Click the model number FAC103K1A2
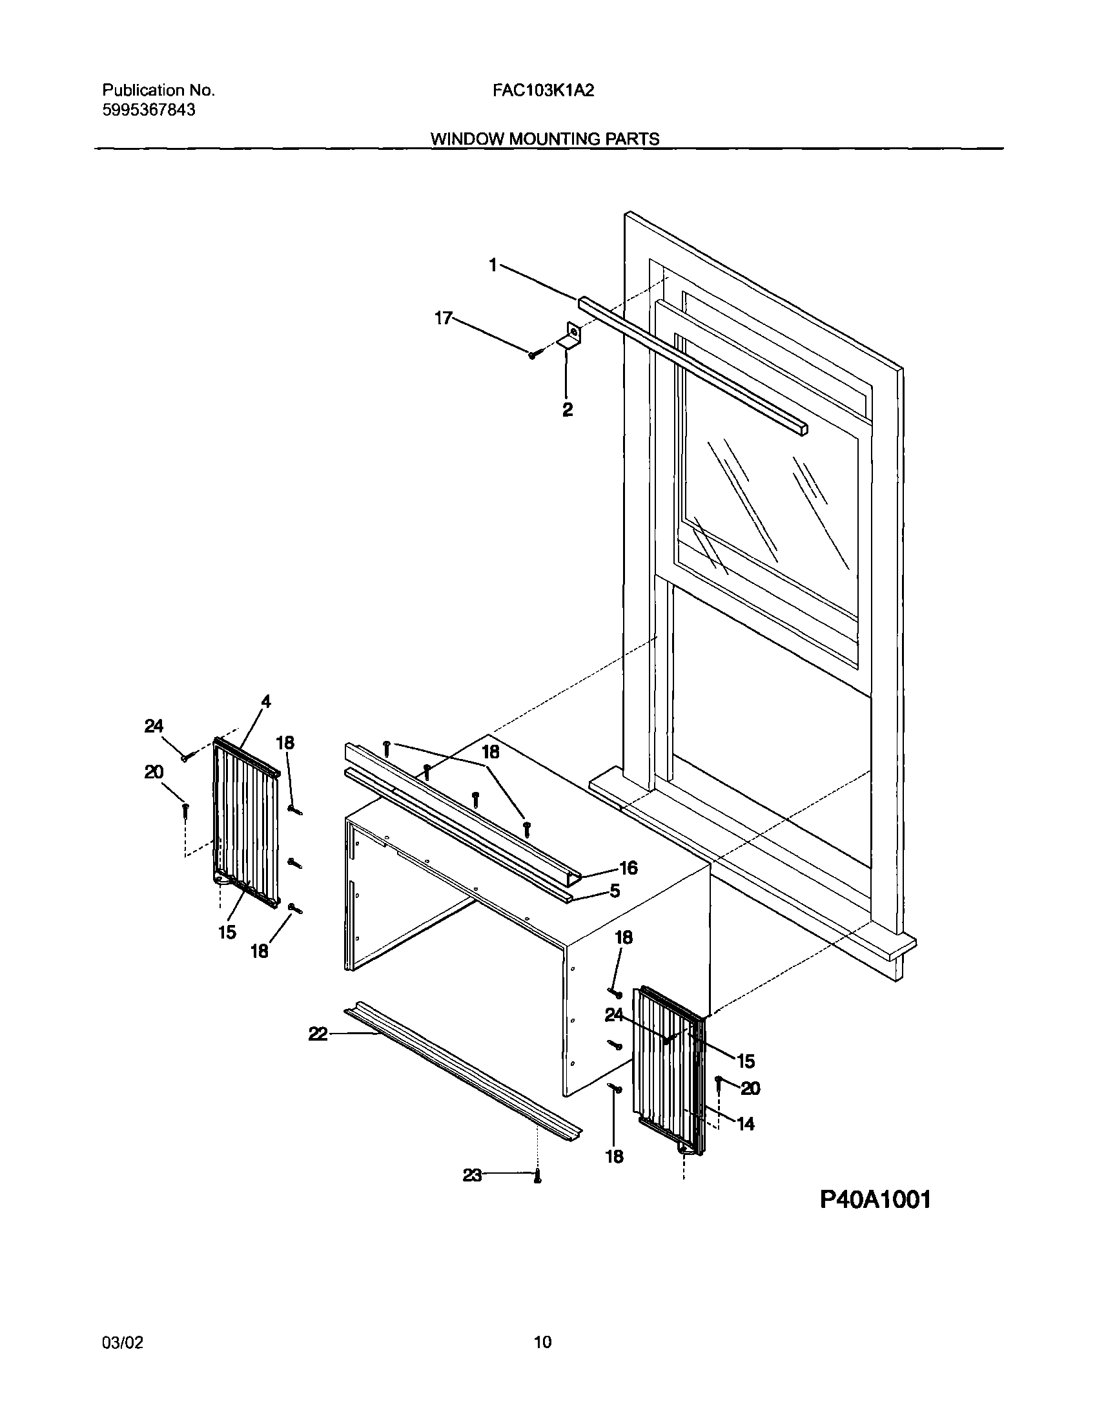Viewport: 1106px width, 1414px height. pyautogui.click(x=542, y=90)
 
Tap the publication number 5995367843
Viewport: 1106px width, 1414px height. pyautogui.click(x=149, y=110)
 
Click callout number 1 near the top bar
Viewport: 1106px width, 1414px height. pyautogui.click(x=493, y=265)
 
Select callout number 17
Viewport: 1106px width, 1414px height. pyautogui.click(x=443, y=318)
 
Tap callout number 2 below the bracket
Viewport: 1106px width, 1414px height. pyautogui.click(x=568, y=410)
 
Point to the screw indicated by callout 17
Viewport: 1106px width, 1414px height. pyautogui.click(x=533, y=355)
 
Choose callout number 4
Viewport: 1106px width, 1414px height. pyautogui.click(x=265, y=702)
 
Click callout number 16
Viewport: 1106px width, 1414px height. pyautogui.click(x=628, y=868)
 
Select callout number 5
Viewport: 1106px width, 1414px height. pyautogui.click(x=615, y=891)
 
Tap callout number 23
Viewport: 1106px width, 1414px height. pyautogui.click(x=472, y=1175)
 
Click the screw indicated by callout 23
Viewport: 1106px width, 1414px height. pyautogui.click(x=537, y=1178)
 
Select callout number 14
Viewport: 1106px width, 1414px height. pyautogui.click(x=746, y=1124)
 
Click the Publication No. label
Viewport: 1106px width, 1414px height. pyautogui.click(x=159, y=90)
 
